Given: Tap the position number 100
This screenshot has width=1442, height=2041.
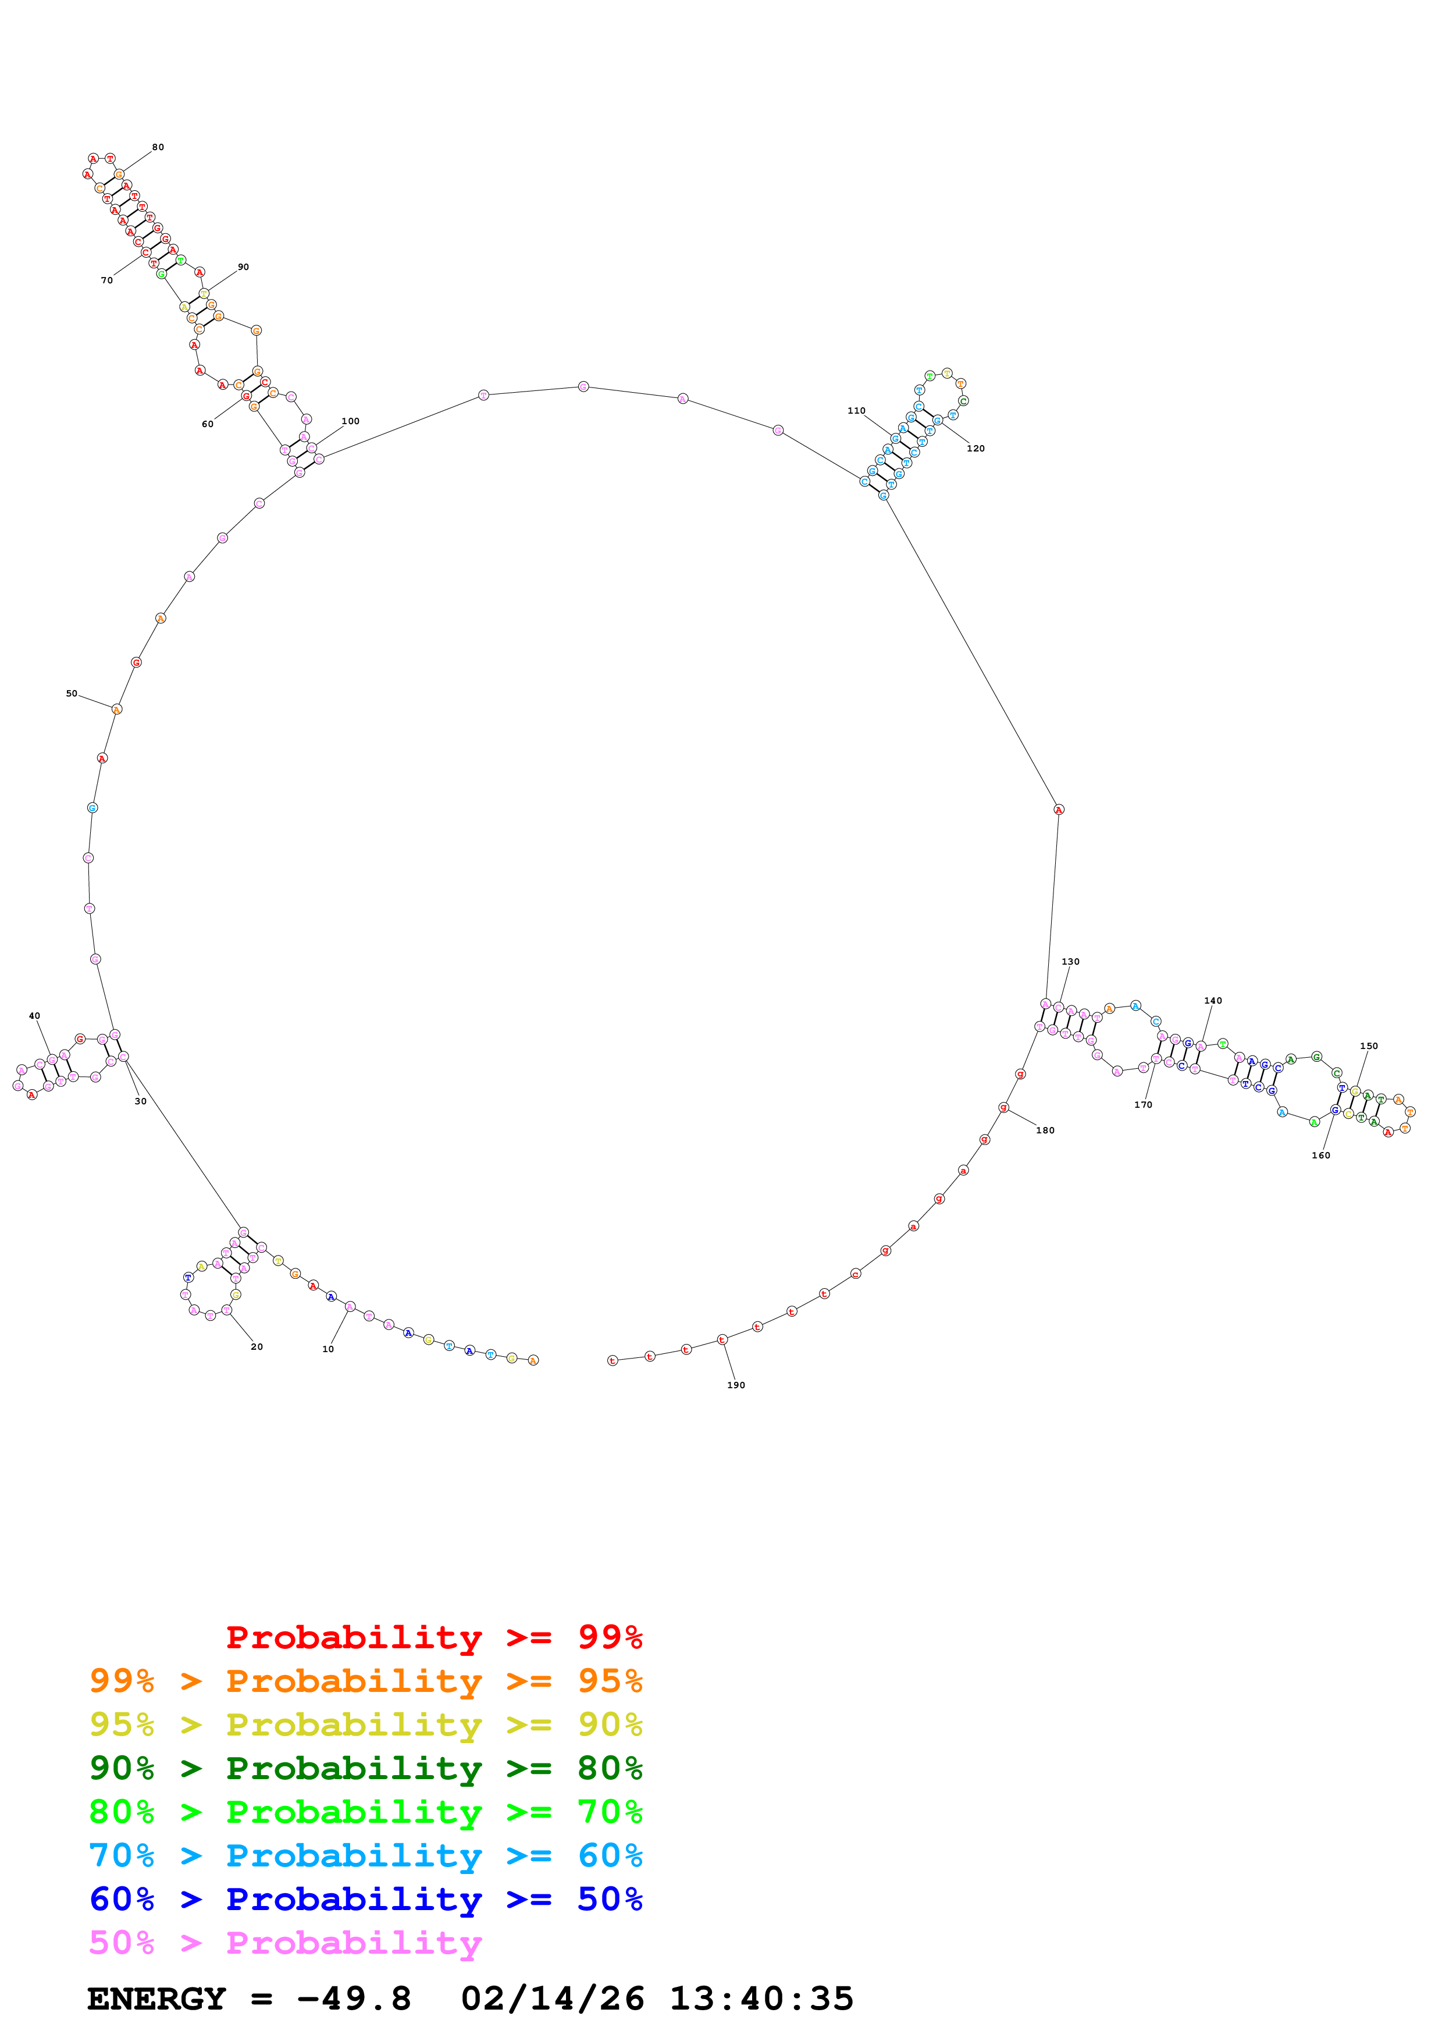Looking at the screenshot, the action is [x=350, y=421].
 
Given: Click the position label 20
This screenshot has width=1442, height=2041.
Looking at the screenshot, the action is [x=257, y=1347].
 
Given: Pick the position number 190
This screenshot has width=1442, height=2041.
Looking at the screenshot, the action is [x=736, y=1385].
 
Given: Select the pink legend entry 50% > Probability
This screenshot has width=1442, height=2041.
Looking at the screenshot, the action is [x=284, y=1943].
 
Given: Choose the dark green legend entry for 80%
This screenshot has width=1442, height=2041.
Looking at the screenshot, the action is [x=365, y=1768].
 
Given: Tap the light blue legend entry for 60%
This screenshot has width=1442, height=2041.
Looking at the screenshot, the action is [x=365, y=1855].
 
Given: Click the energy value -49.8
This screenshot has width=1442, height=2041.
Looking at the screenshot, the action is [x=354, y=1999].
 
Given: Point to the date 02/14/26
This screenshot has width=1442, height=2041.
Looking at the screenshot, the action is [x=552, y=1999].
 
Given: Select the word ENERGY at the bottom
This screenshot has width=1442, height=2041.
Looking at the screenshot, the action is [x=156, y=1999].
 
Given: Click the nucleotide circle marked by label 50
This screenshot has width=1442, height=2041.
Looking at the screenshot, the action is [x=116, y=709].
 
